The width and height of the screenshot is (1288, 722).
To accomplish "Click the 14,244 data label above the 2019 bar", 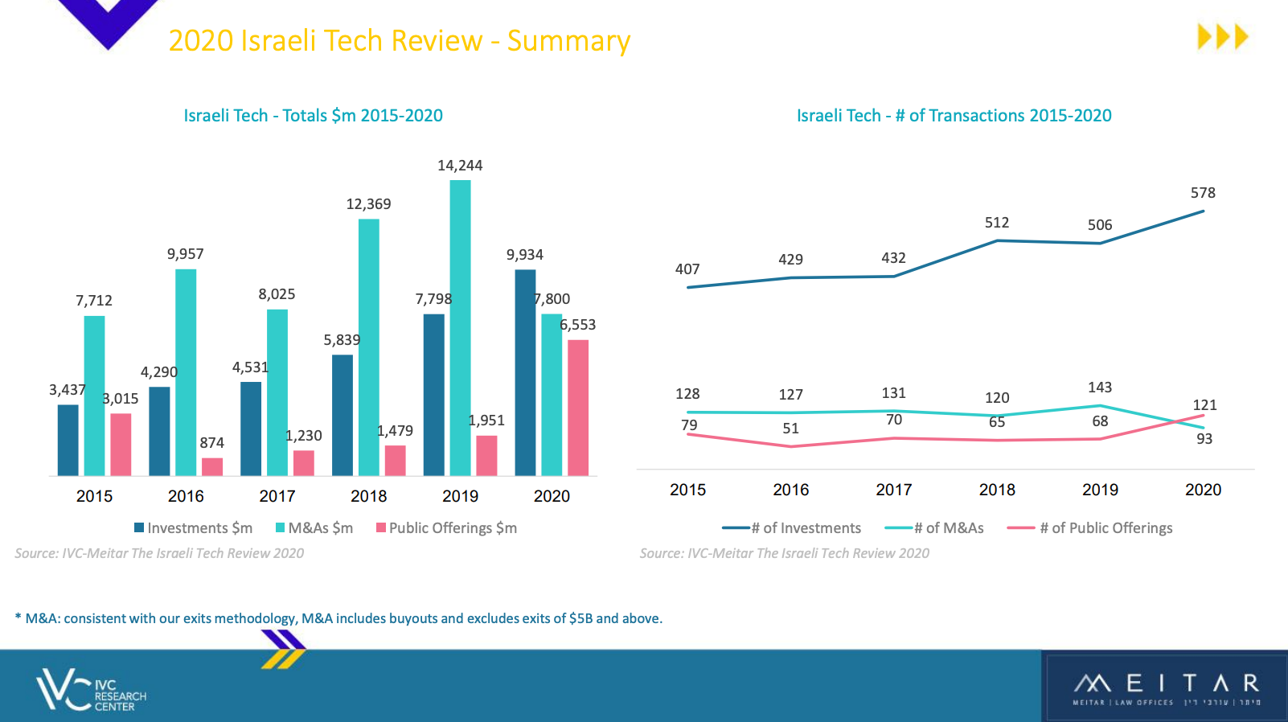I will point(460,166).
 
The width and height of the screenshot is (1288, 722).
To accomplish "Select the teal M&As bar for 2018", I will point(369,346).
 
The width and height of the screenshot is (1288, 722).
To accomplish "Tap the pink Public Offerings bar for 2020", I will point(578,407).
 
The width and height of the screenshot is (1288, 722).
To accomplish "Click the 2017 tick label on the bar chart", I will point(277,496).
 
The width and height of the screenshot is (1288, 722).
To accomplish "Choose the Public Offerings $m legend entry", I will point(446,528).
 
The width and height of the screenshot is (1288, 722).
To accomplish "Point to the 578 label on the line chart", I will point(1203,193).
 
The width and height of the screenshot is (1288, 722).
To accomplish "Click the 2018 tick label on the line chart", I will point(997,490).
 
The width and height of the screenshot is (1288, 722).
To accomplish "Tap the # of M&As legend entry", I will point(934,528).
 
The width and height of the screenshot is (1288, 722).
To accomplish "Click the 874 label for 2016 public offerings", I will point(212,443).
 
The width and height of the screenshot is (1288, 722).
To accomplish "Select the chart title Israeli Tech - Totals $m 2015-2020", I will point(314,116).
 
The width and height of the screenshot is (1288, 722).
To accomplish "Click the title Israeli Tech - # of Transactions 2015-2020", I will point(954,116).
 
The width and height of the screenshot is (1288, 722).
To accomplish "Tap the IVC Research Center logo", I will point(91,690).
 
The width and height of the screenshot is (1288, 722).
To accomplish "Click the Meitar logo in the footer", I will point(1166,687).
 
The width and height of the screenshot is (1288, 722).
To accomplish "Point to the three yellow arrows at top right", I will point(1222,37).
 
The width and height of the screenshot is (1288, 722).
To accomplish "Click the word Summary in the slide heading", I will point(568,41).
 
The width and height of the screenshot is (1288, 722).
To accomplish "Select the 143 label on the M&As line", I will point(1100,388).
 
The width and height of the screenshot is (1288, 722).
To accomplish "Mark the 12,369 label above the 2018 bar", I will point(368,204).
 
